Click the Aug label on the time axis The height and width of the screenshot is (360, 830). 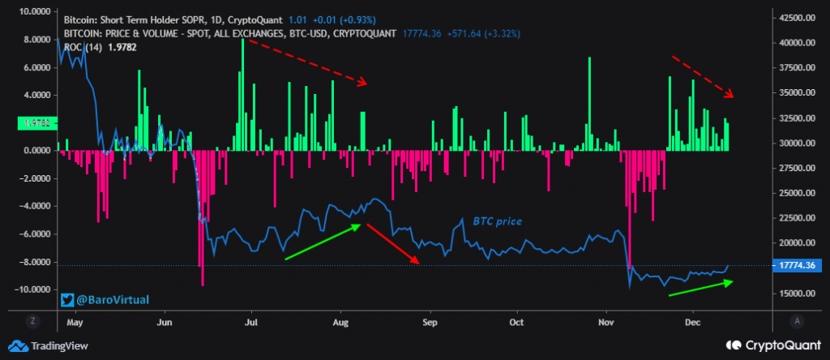(x=340, y=321)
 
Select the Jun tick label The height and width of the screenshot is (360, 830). (x=165, y=321)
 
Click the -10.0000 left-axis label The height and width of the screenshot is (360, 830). (x=32, y=289)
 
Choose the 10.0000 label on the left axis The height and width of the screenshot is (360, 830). (x=33, y=12)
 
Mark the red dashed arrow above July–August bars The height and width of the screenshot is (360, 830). (x=307, y=61)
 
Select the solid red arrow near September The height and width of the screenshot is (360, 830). (x=392, y=243)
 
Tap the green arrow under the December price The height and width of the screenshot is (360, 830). (x=700, y=288)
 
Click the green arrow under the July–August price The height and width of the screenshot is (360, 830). (x=322, y=242)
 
